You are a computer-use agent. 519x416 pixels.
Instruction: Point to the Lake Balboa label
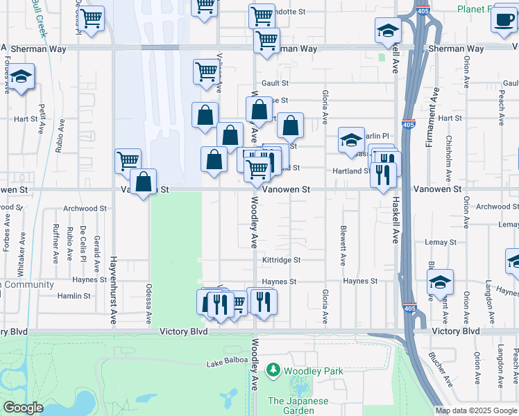tap(227, 364)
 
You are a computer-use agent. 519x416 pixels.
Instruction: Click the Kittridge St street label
tap(281, 260)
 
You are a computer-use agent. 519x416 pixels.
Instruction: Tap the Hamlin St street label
tap(75, 295)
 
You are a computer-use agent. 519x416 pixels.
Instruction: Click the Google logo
tap(23, 408)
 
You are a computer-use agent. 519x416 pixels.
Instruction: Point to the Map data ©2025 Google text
tap(476, 410)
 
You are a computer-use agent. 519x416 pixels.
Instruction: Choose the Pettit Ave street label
tap(42, 119)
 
